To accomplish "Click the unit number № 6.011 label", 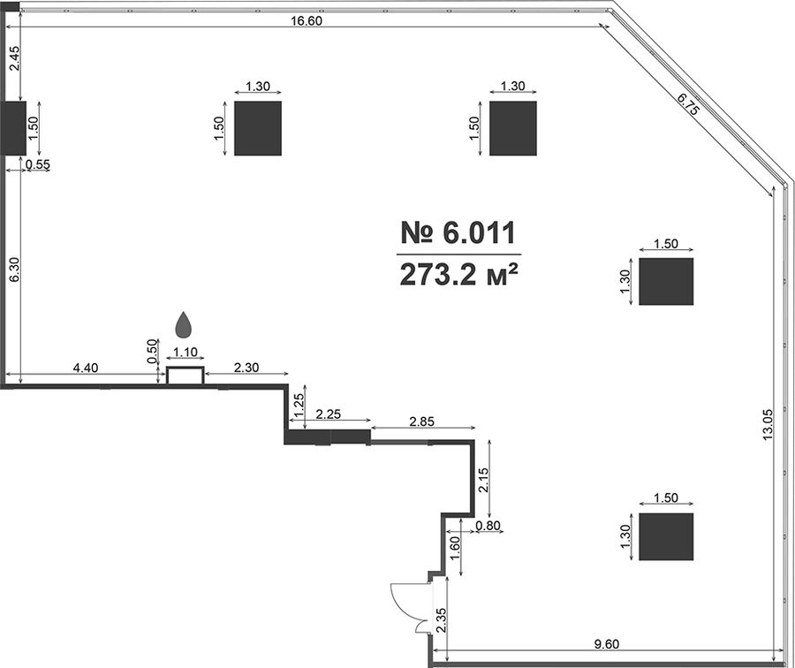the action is tap(458, 232).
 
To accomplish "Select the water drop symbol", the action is tap(184, 324).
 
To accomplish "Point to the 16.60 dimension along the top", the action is tap(307, 21).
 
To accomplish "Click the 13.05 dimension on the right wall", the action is tap(768, 423).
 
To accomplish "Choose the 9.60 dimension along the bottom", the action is tap(606, 644).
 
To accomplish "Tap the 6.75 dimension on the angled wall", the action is tap(688, 103).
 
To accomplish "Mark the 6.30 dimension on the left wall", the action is tap(14, 269).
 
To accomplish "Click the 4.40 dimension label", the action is tap(85, 368).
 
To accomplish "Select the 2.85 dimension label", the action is tap(422, 421).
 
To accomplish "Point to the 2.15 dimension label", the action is tap(483, 480).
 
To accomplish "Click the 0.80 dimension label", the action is tap(488, 526).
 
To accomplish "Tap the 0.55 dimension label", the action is tap(38, 164).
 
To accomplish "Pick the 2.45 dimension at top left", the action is tap(14, 58).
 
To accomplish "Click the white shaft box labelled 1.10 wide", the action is tap(185, 376).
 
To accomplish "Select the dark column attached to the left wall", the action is tap(13, 128).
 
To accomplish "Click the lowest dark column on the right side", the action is tap(666, 536).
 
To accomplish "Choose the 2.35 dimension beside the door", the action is tap(441, 619).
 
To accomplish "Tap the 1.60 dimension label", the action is tap(455, 548).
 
